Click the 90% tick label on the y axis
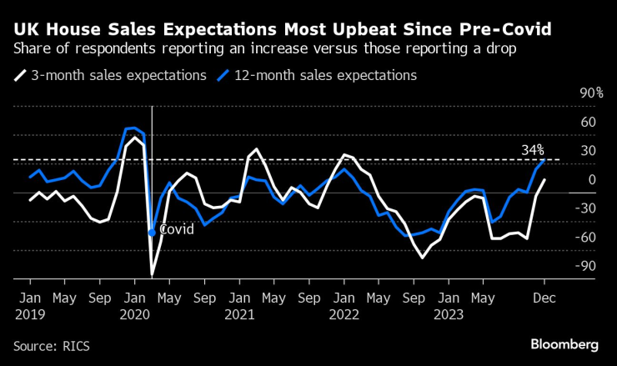tap(591, 93)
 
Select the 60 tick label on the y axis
tap(588, 122)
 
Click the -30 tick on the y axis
tap(588, 208)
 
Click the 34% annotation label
tap(533, 150)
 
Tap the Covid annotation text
tap(176, 228)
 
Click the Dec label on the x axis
tap(544, 298)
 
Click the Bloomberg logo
tap(564, 343)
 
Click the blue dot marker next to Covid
tap(152, 233)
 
